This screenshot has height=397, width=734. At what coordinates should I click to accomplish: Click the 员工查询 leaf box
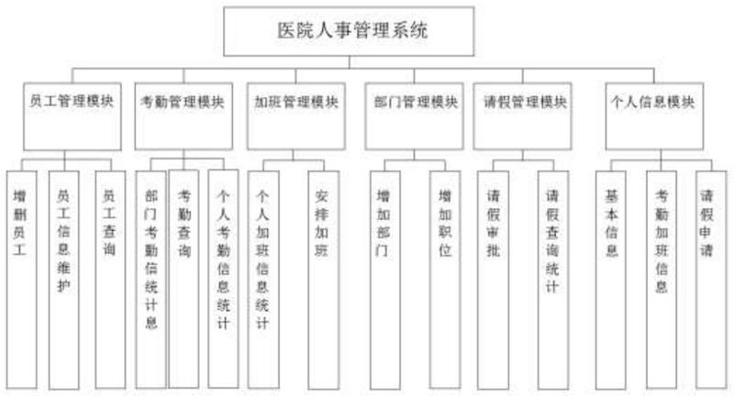click(x=109, y=275)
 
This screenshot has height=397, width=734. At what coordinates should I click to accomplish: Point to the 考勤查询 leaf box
click(x=184, y=275)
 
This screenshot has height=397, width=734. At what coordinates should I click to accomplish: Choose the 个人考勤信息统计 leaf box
click(x=223, y=275)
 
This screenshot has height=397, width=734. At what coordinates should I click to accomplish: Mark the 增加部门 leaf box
click(x=384, y=275)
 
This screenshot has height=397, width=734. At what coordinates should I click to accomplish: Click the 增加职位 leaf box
click(x=445, y=275)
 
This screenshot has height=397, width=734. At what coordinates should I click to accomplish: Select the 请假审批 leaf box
click(x=492, y=275)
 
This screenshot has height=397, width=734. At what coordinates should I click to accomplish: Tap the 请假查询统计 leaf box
click(x=552, y=275)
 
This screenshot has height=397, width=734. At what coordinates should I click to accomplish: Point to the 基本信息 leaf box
click(x=612, y=275)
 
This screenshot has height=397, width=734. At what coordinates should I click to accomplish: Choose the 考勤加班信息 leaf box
click(x=662, y=275)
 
